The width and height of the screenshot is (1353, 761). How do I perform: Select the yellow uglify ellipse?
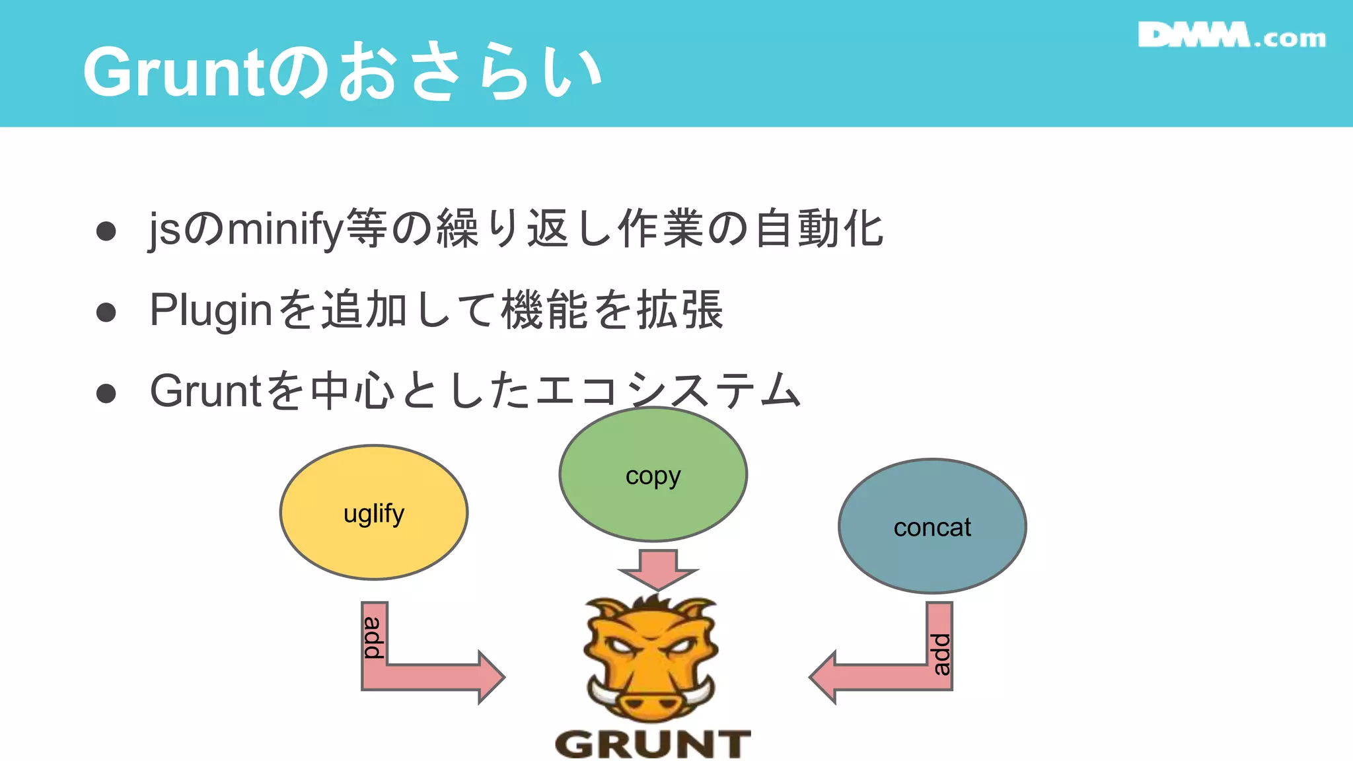pyautogui.click(x=374, y=513)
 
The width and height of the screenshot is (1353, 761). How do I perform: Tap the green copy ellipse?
pyautogui.click(x=653, y=474)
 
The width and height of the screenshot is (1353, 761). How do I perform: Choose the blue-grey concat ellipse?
pyautogui.click(x=932, y=526)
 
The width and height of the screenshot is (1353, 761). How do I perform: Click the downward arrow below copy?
pyautogui.click(x=658, y=569)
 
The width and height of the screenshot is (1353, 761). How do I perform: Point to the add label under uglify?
pyautogui.click(x=374, y=637)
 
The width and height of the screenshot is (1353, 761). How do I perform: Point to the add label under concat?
pyautogui.click(x=940, y=654)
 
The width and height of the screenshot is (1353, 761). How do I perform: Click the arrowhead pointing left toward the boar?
pyautogui.click(x=823, y=677)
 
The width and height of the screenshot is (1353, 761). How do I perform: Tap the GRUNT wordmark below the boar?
pyautogui.click(x=653, y=744)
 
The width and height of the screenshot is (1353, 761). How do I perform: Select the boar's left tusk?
pyautogui.click(x=602, y=692)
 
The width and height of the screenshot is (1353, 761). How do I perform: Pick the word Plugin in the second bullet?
pyautogui.click(x=211, y=310)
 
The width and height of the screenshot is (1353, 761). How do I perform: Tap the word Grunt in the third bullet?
pyautogui.click(x=206, y=391)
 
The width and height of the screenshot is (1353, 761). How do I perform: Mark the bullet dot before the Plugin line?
pyautogui.click(x=106, y=312)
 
